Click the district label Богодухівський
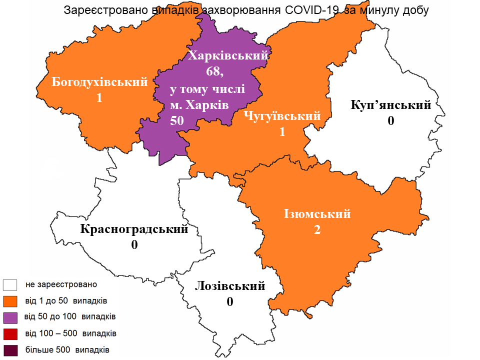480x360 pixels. [100, 82]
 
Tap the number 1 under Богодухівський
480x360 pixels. [99, 98]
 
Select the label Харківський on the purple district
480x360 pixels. [227, 56]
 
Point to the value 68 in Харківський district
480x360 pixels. [214, 71]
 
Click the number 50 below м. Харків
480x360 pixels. [177, 120]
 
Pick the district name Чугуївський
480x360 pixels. [282, 116]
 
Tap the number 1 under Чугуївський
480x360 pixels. [282, 131]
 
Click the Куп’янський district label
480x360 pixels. [391, 105]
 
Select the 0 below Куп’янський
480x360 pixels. [391, 121]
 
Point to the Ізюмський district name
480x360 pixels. [317, 214]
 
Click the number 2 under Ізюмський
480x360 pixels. [317, 230]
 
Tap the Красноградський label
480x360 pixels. [134, 229]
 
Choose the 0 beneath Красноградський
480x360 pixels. [134, 245]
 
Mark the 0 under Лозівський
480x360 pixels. [230, 302]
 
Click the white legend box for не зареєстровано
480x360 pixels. [9, 285]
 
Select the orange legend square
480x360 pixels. [9, 301]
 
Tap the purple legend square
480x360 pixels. [9, 317]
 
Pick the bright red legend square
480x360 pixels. [9, 333]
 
